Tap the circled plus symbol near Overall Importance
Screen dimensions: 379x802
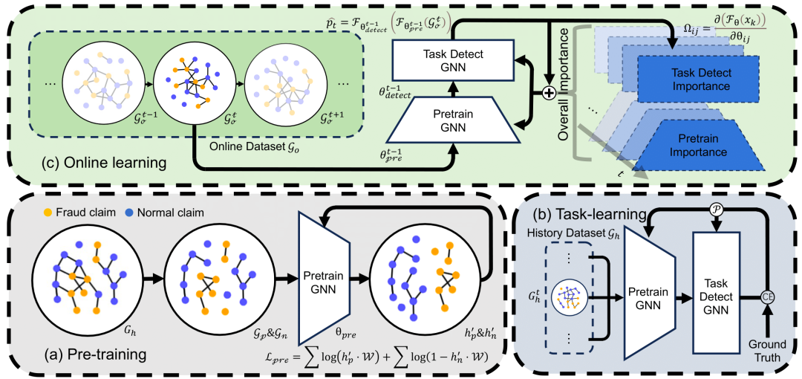pos(548,93)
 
